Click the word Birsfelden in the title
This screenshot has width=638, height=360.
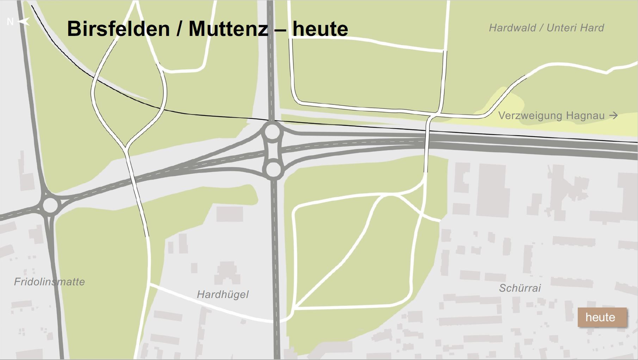click(118, 29)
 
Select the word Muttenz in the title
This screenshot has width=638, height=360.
click(229, 29)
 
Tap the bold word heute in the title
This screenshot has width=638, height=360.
click(320, 29)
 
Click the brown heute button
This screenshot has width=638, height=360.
click(602, 317)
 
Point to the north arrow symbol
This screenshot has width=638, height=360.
click(24, 22)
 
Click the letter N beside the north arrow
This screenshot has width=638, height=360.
click(10, 22)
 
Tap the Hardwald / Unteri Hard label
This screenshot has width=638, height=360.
click(546, 28)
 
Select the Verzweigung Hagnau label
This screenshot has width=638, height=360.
click(551, 116)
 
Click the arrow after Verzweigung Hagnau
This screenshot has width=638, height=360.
click(613, 115)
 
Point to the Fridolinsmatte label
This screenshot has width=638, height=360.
click(49, 282)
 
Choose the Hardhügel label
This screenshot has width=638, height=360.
click(223, 294)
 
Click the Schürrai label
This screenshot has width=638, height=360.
click(520, 288)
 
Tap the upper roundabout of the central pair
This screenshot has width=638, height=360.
click(272, 132)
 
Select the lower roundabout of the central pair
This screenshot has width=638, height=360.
click(273, 170)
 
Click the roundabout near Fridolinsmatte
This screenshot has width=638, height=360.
click(50, 205)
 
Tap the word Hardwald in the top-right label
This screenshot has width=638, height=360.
click(512, 28)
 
